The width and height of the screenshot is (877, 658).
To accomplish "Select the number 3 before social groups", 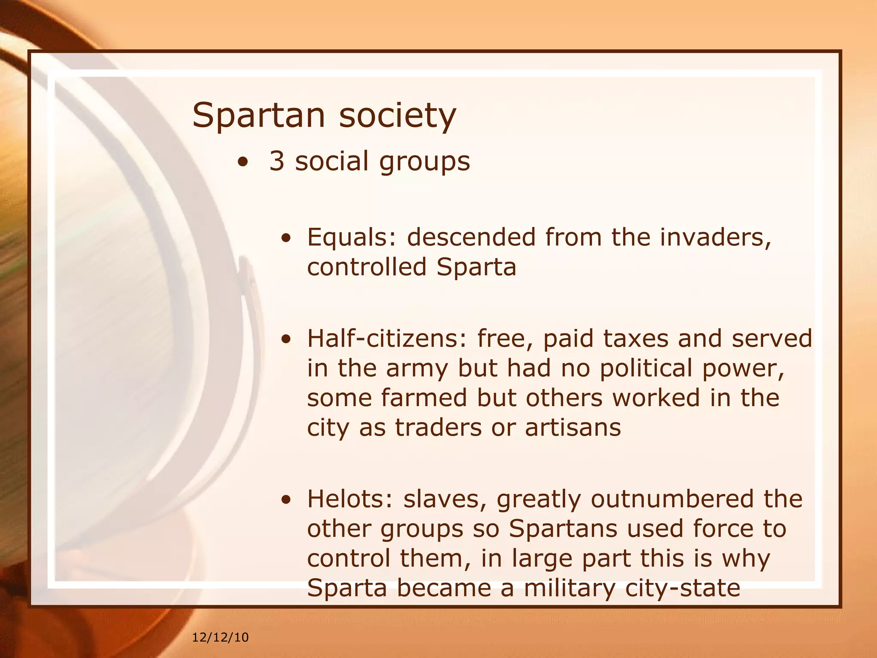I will point(277,162).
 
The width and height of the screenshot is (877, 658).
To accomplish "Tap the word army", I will point(417,368).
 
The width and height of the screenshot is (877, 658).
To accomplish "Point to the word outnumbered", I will point(672,499).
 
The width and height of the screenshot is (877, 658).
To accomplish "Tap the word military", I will point(570,588).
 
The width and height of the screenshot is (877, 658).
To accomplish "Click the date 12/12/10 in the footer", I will point(220,637).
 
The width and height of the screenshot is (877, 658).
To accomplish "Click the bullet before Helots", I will point(286,500).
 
